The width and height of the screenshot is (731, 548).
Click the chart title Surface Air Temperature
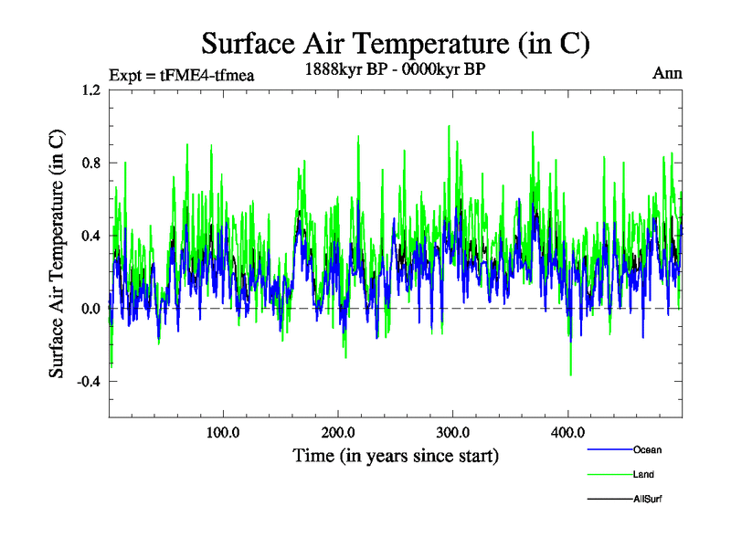(395, 43)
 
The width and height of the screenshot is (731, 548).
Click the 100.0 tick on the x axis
(223, 432)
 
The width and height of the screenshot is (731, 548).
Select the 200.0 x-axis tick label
(338, 432)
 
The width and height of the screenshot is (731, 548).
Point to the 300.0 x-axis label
(453, 432)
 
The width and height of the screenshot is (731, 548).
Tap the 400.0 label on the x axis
(567, 432)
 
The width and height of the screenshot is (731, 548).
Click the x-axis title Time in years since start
(395, 455)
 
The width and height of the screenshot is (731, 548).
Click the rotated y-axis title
(57, 253)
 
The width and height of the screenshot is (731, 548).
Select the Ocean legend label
(645, 449)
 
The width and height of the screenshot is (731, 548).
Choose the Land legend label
(642, 474)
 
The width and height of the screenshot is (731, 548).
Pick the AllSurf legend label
(646, 499)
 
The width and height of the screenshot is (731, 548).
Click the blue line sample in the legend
(607, 449)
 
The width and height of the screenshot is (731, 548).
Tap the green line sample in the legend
(607, 474)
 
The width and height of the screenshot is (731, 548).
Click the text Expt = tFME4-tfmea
(181, 75)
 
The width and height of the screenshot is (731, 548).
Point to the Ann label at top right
(667, 72)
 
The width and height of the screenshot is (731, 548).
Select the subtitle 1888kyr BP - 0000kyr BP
(395, 69)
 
